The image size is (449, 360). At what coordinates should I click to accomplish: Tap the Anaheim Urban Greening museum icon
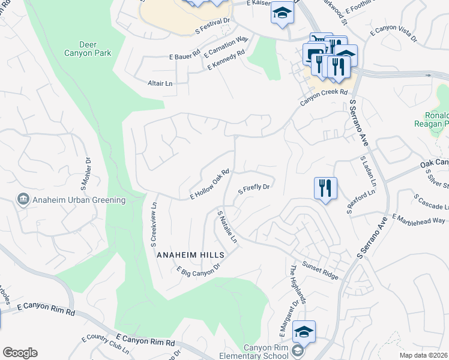(23, 199)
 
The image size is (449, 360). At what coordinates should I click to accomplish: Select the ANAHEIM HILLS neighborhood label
(190, 255)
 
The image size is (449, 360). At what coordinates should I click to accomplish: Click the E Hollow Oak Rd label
(210, 184)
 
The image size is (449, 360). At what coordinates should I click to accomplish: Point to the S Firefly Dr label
(256, 188)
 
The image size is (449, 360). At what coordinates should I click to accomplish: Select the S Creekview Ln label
(154, 229)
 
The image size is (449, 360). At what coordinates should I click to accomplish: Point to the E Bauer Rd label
(184, 56)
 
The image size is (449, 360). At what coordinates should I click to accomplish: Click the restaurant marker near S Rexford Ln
(325, 188)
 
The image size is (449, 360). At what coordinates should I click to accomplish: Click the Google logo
(20, 353)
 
